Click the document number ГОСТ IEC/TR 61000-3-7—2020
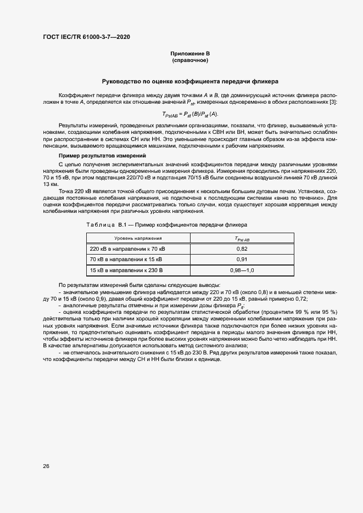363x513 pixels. pyautogui.click(x=86, y=37)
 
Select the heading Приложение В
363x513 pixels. pyautogui.click(x=190, y=53)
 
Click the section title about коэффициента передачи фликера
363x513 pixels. pyautogui.click(x=190, y=81)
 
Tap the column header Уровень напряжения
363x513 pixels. pyautogui.click(x=138, y=238)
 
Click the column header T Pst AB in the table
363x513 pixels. pyautogui.click(x=242, y=238)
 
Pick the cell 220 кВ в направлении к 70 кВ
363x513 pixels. pyautogui.click(x=127, y=249)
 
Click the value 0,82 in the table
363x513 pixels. pyautogui.click(x=242, y=249)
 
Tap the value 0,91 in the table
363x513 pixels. pyautogui.click(x=242, y=259)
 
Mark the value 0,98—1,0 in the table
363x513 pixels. pyautogui.click(x=242, y=270)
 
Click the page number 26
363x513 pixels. pyautogui.click(x=46, y=466)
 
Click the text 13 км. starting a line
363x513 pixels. pyautogui.click(x=50, y=184)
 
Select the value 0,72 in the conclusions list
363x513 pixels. pyautogui.click(x=300, y=298)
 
